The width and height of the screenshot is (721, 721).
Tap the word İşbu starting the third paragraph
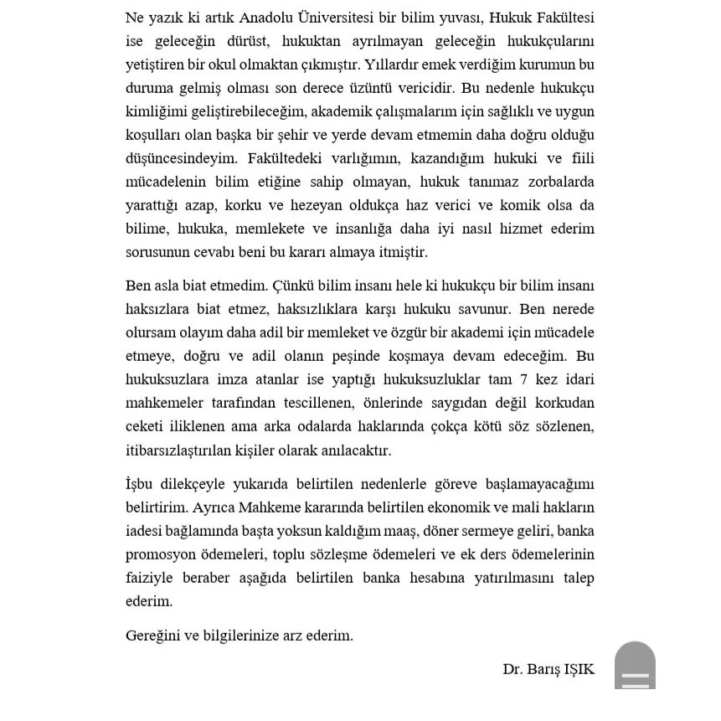tap(142, 484)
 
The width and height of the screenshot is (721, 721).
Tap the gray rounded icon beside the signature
tap(635, 665)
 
